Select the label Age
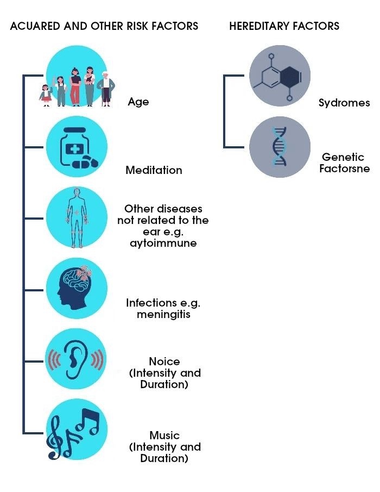click(x=138, y=102)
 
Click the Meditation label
click(x=154, y=170)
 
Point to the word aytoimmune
click(x=163, y=243)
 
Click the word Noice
click(x=164, y=362)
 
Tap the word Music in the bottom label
click(x=164, y=435)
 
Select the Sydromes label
click(x=344, y=103)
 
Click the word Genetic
click(x=343, y=158)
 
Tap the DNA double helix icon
click(x=280, y=146)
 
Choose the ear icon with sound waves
click(x=76, y=359)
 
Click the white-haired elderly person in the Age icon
click(x=106, y=87)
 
